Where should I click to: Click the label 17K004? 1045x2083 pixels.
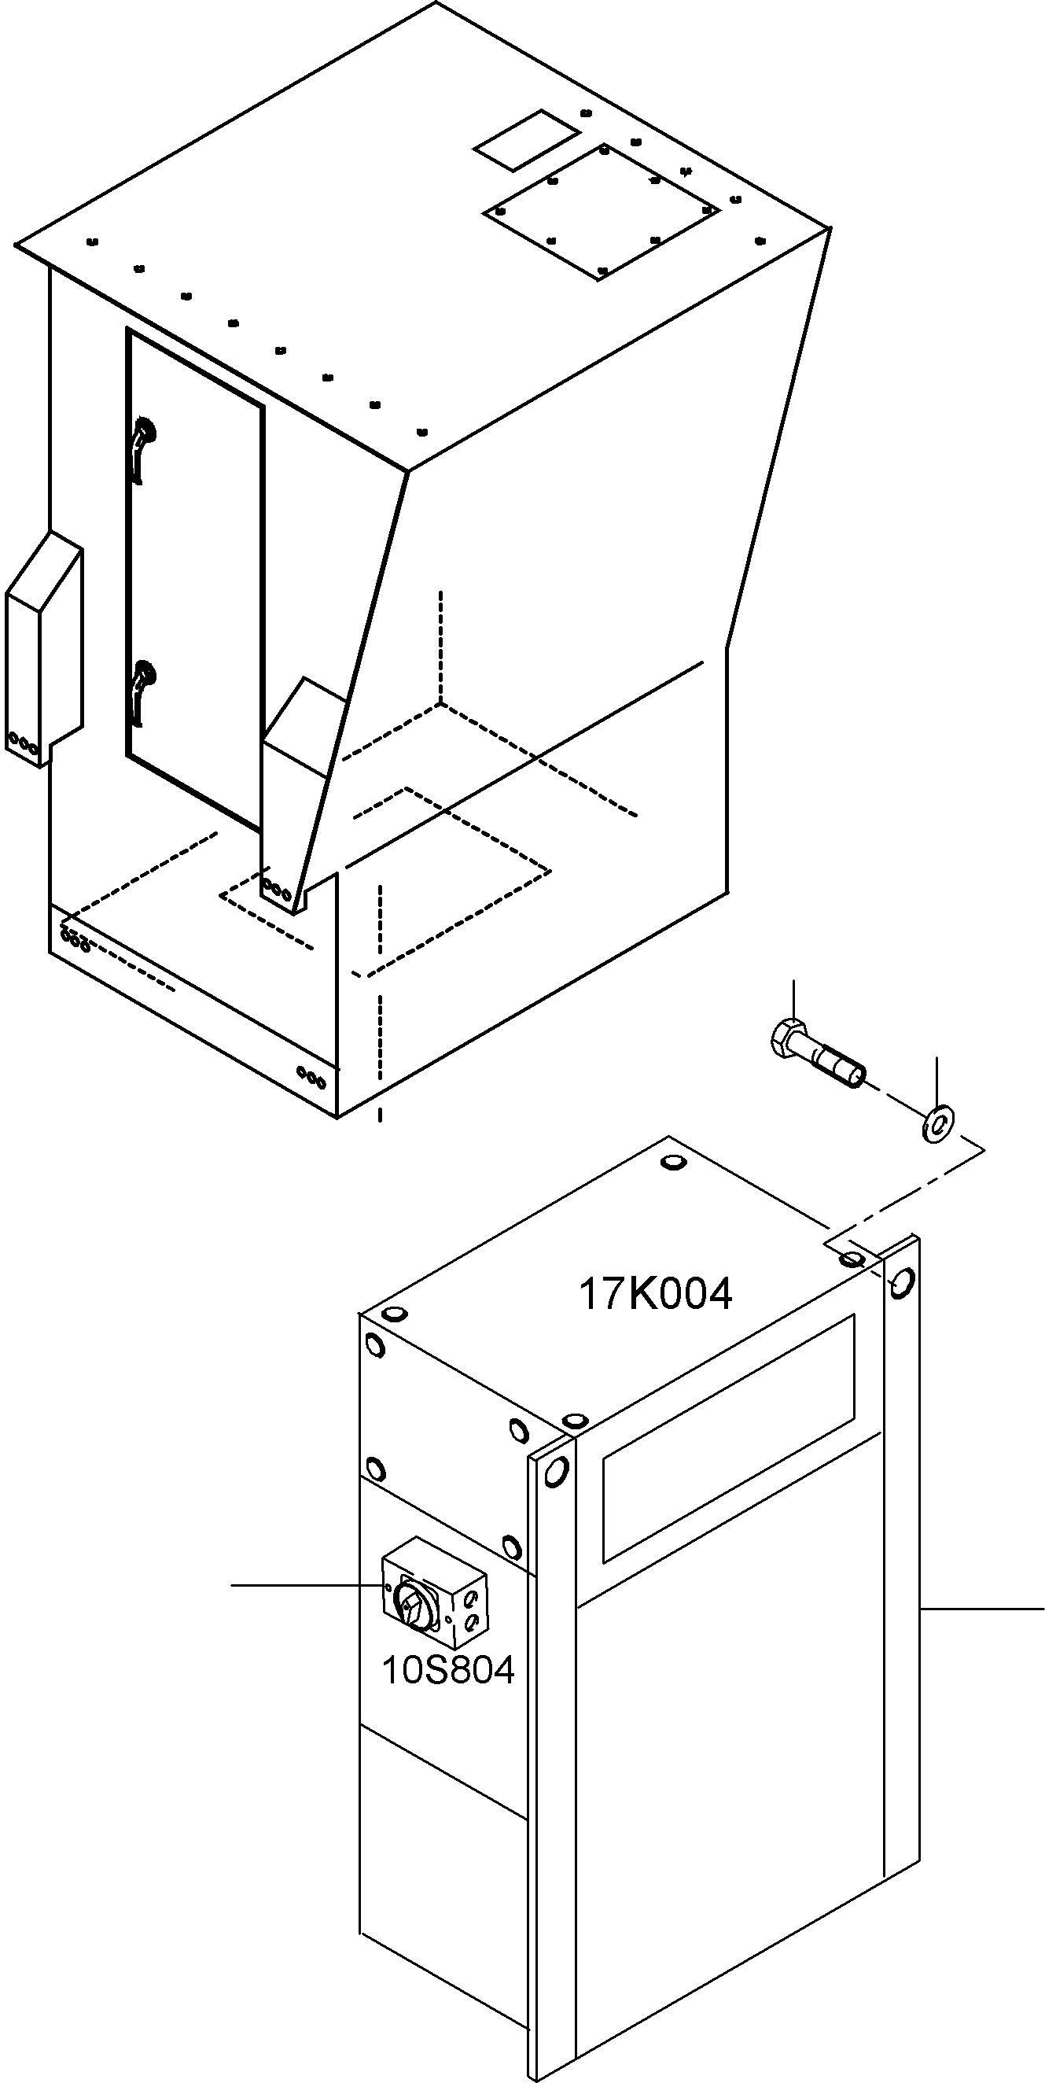click(x=656, y=1293)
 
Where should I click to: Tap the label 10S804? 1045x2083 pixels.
click(x=447, y=1670)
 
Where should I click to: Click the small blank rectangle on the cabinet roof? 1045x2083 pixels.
click(x=527, y=139)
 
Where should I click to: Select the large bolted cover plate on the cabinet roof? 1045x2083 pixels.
click(x=602, y=212)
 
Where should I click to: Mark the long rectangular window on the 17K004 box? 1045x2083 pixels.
click(x=728, y=1437)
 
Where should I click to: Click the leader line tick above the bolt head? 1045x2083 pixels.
click(x=795, y=1000)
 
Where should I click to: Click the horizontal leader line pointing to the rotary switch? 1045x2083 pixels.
click(x=307, y=1586)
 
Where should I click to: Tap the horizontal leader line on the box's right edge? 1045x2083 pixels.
click(x=982, y=1609)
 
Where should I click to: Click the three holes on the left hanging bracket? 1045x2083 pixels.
click(x=22, y=743)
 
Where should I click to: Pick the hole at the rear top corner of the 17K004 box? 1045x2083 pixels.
click(x=671, y=1163)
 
